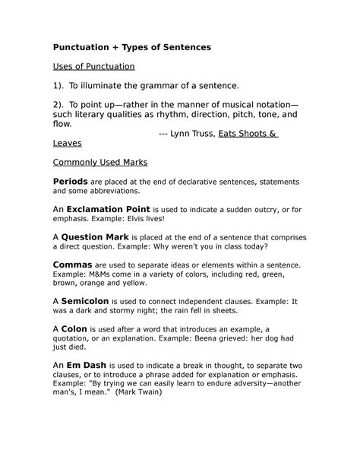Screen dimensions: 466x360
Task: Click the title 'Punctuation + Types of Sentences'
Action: [131, 47]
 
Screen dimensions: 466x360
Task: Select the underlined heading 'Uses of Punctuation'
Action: [93, 67]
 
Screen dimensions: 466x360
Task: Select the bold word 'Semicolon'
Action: [90, 302]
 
